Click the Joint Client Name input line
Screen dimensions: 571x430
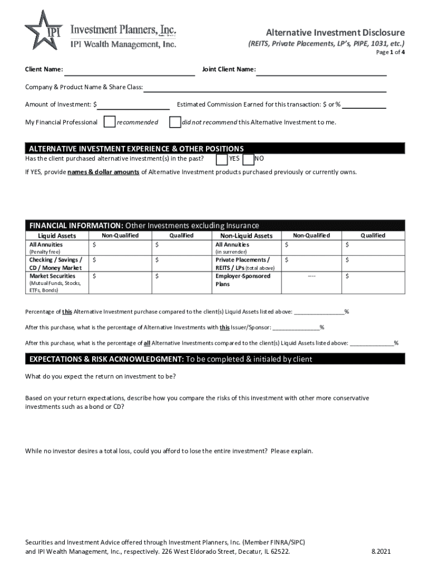pos(321,70)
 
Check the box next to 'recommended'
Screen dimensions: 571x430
pos(110,122)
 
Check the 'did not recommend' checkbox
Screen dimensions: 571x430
pos(175,122)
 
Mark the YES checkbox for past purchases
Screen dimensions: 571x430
pos(222,159)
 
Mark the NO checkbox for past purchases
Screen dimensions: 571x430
pos(249,159)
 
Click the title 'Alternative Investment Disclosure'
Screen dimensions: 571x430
pos(335,32)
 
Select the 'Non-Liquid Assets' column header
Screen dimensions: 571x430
pos(246,236)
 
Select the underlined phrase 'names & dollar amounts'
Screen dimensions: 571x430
pos(103,172)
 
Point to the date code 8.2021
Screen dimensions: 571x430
pos(381,551)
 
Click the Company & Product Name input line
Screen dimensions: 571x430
pos(265,88)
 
